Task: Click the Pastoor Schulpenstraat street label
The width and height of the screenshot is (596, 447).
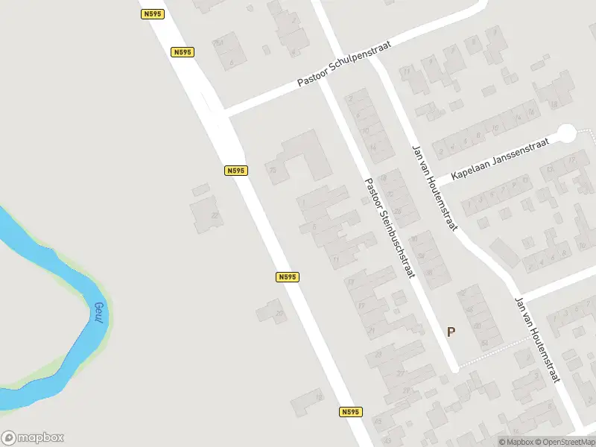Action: (344, 64)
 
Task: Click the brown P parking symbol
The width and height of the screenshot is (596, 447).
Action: (451, 332)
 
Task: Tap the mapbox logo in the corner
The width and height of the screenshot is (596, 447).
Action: (33, 438)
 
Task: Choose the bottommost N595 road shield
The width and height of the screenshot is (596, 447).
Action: (351, 412)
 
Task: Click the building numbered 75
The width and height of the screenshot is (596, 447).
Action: (273, 171)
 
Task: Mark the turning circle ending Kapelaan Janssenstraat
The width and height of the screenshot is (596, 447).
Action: (567, 133)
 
